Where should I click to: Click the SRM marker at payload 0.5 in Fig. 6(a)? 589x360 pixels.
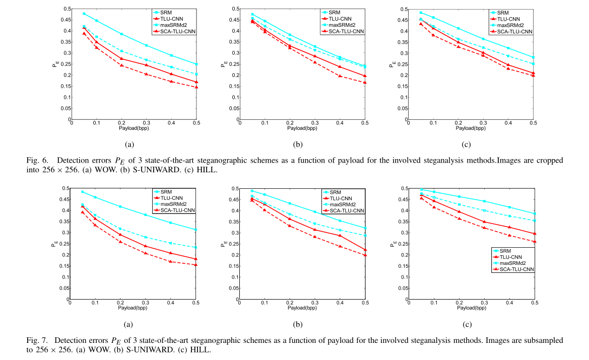(x=196, y=64)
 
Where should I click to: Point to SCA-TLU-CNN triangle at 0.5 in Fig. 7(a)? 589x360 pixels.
(x=196, y=265)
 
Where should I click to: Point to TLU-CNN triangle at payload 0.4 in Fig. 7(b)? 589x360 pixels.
(x=340, y=235)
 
